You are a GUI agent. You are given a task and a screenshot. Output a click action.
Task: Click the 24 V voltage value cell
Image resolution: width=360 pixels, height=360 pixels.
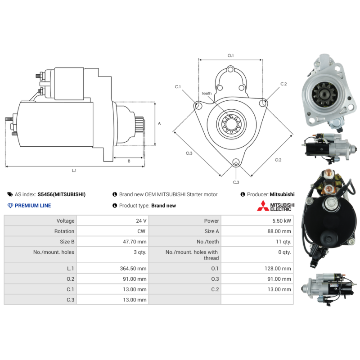click(x=140, y=221)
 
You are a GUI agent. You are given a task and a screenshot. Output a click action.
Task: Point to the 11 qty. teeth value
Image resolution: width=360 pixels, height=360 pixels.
click(x=283, y=242)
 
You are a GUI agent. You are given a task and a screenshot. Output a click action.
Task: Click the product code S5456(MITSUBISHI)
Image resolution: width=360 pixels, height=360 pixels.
click(x=62, y=194)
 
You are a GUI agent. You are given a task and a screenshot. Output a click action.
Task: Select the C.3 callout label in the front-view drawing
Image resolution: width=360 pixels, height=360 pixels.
click(x=236, y=182)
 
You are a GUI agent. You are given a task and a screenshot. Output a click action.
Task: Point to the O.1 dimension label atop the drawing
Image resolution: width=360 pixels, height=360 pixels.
click(x=230, y=55)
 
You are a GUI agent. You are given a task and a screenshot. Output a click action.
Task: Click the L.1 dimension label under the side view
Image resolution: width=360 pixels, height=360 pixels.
click(x=74, y=171)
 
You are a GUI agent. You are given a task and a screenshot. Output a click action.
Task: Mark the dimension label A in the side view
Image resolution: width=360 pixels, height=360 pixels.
click(x=159, y=123)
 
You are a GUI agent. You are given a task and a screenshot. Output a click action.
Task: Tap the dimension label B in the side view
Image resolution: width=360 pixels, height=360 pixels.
click(x=129, y=161)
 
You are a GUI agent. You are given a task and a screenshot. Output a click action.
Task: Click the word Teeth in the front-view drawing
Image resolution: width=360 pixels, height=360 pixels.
click(x=207, y=94)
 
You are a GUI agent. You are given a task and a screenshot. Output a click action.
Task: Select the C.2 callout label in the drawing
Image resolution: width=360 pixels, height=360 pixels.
click(x=283, y=84)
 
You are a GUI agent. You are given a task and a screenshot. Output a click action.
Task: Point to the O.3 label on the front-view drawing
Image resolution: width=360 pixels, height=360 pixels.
click(x=189, y=153)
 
